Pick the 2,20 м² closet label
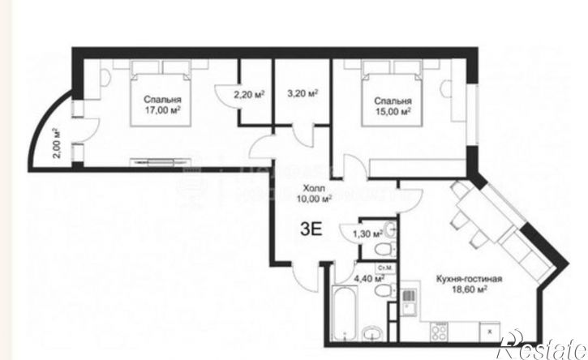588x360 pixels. [249, 94]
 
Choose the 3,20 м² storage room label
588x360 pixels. [300, 92]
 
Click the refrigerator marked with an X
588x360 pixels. [491, 331]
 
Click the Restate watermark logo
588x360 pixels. [541, 347]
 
